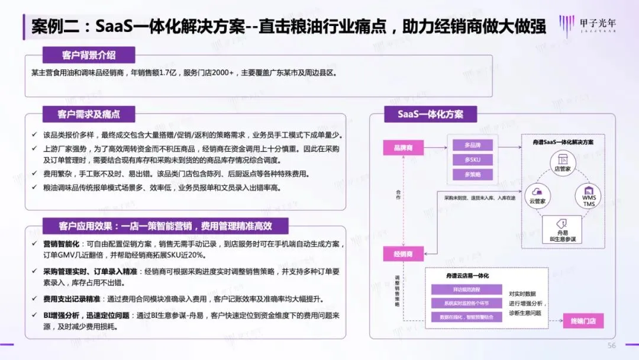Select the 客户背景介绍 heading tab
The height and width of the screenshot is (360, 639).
[x=89, y=55]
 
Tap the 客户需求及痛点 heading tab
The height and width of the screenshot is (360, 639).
[x=88, y=114]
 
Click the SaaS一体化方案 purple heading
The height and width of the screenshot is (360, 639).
[x=430, y=114]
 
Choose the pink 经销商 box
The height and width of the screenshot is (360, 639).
[x=402, y=254]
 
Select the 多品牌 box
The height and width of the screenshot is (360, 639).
[x=472, y=145]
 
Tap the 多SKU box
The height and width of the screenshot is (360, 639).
[x=472, y=160]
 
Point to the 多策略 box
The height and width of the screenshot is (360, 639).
[x=472, y=175]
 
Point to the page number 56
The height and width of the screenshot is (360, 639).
[x=612, y=345]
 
